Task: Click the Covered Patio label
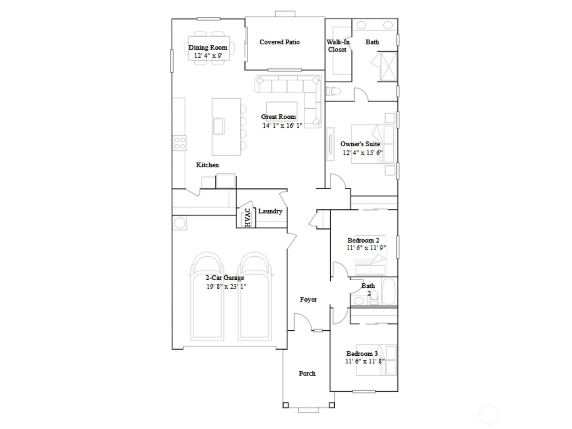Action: [x=279, y=42]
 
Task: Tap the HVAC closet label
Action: [x=247, y=217]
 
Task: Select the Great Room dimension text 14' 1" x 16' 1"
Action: [x=282, y=125]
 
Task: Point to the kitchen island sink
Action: [x=219, y=126]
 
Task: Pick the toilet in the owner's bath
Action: [x=333, y=92]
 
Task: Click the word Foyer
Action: [x=308, y=300]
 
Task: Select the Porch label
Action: [x=307, y=374]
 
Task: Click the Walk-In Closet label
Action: [x=338, y=46]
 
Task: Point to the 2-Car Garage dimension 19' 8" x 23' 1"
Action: [x=226, y=286]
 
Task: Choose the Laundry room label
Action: [x=270, y=211]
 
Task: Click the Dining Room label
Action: [x=208, y=48]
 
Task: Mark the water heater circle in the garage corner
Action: [x=179, y=223]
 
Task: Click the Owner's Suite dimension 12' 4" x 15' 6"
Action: [x=363, y=153]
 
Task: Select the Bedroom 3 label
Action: [x=362, y=354]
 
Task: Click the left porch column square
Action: [x=286, y=405]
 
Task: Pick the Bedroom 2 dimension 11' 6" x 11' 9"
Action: [x=366, y=248]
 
